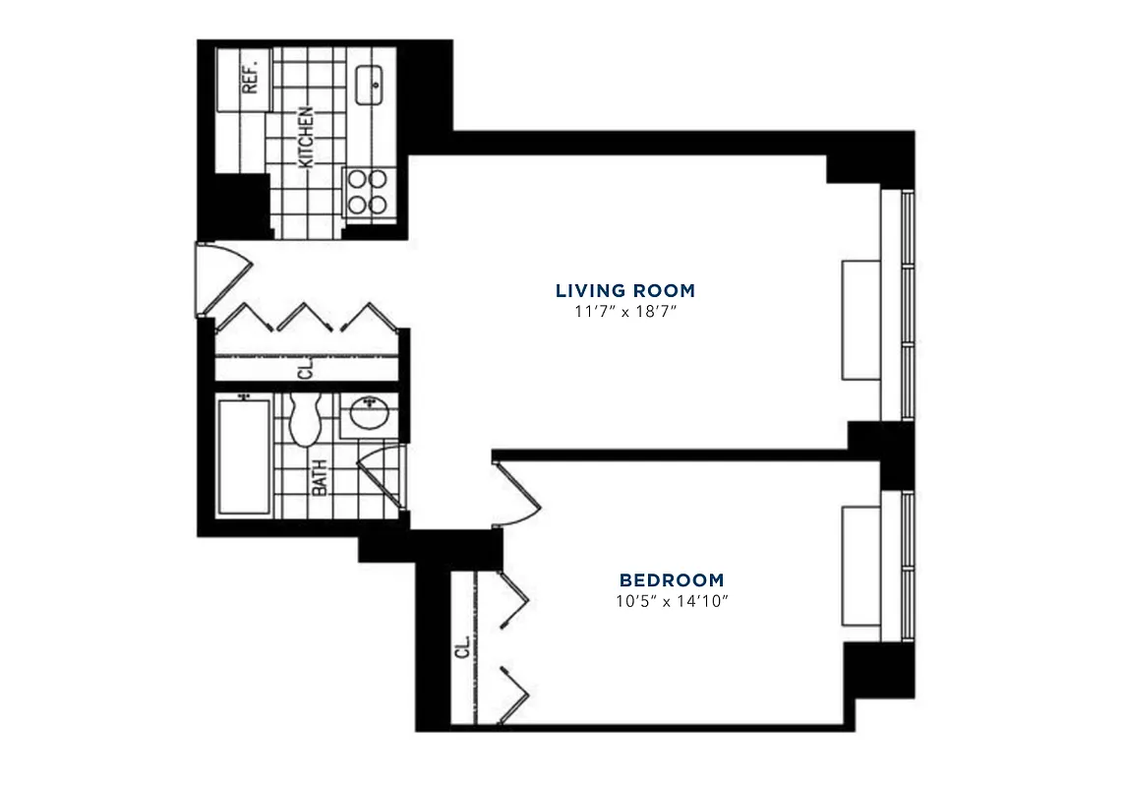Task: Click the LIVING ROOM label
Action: [x=625, y=290]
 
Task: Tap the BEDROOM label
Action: [x=672, y=580]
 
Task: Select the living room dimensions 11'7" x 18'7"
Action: [x=625, y=311]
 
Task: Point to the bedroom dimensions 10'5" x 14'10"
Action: [x=672, y=601]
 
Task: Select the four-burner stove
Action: [x=367, y=192]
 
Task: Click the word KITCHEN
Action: [x=307, y=136]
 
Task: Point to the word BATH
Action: [x=320, y=479]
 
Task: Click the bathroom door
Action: [x=379, y=479]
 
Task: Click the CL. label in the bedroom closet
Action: [x=462, y=650]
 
